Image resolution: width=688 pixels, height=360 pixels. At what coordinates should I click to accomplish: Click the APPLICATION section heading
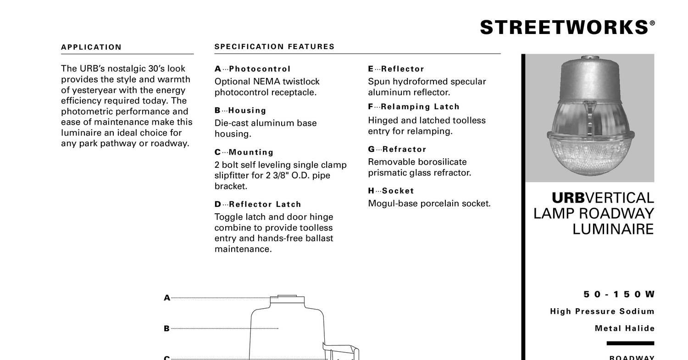pos(91,47)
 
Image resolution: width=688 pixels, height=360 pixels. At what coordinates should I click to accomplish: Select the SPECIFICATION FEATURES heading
pos(274,47)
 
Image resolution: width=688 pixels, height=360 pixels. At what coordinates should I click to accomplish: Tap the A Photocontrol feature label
pos(252,69)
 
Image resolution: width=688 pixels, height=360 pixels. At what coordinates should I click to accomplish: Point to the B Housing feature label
pos(240,111)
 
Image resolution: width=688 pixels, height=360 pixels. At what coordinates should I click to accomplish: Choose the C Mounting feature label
pos(244,152)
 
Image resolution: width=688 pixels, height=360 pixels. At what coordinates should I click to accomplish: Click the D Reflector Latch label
pos(258,205)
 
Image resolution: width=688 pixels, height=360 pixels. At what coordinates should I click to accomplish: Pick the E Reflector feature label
pos(396,69)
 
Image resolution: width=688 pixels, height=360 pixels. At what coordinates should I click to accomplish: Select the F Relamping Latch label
pos(413,107)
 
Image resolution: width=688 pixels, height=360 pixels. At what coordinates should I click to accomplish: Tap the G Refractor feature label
pos(397,150)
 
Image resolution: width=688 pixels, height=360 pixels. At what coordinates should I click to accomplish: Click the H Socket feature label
pos(391,191)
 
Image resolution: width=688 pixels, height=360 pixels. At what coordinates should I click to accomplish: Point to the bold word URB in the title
pos(568,198)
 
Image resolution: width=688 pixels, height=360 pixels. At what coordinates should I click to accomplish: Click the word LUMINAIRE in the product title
pos(613,229)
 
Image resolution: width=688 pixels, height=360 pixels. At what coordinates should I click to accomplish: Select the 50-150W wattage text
pos(619,294)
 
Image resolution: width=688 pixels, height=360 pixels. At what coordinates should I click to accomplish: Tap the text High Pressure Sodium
pos(602,312)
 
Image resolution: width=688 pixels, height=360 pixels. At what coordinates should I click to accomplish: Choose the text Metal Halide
pos(624,328)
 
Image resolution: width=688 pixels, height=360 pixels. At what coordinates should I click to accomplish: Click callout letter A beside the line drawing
pos(167,298)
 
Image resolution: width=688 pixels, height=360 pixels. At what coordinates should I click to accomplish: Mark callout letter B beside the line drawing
pos(167,329)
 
